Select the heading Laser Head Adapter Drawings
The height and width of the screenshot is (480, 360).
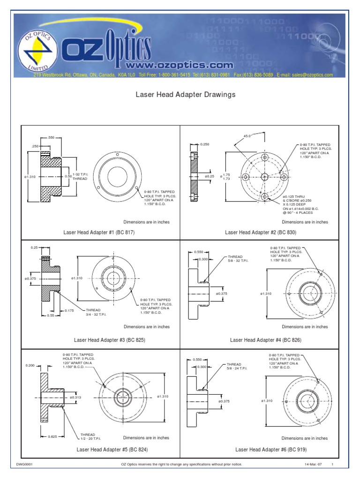[x=185, y=94]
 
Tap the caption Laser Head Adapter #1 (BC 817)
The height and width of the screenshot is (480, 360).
[x=99, y=232]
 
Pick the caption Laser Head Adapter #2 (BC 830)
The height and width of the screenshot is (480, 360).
[x=261, y=232]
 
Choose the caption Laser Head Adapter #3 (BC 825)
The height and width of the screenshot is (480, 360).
[x=109, y=340]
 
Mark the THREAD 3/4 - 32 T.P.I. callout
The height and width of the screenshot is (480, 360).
[x=96, y=312]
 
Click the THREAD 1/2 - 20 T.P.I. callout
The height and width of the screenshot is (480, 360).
[x=91, y=436]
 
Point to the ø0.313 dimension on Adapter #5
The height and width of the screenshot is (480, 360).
[x=75, y=397]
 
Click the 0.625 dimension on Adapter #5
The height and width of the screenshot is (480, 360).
[x=53, y=436]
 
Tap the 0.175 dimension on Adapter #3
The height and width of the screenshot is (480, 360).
[x=69, y=310]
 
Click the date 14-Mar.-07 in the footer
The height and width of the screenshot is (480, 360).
[x=313, y=464]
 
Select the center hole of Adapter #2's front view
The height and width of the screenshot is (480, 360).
[x=264, y=176]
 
